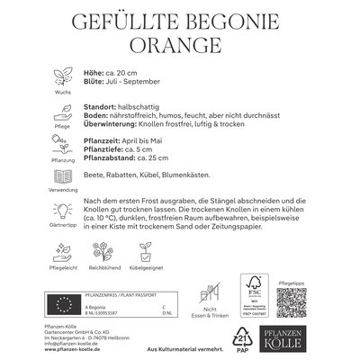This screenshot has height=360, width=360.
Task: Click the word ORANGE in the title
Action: (x=180, y=44)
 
